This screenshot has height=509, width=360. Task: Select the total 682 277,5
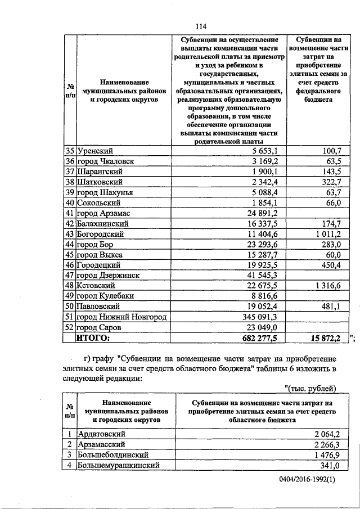coord(263,337)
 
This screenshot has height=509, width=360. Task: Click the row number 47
coord(70,275)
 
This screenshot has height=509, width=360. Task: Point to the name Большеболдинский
coord(112,454)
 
